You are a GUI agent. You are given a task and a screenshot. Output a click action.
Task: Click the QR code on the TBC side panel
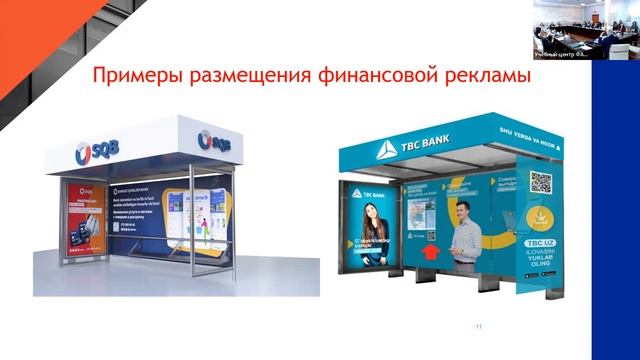540,182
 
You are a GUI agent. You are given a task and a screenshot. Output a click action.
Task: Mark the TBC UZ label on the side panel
541,245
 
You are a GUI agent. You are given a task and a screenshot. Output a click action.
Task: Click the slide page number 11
479,326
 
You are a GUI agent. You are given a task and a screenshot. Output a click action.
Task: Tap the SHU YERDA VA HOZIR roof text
521,141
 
